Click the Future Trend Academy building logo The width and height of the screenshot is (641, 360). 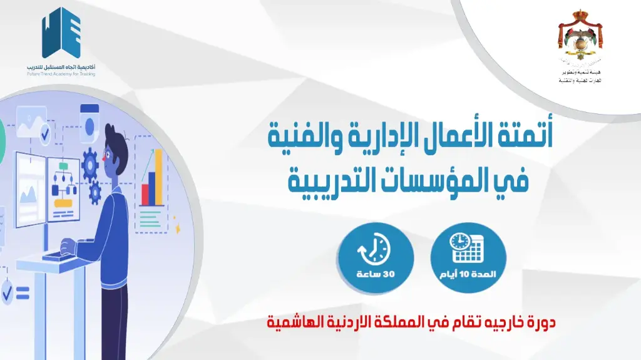click(61, 34)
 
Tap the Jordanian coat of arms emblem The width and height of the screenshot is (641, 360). click(579, 41)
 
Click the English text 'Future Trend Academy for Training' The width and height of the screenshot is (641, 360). click(61, 74)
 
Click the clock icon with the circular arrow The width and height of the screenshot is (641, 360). click(374, 249)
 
